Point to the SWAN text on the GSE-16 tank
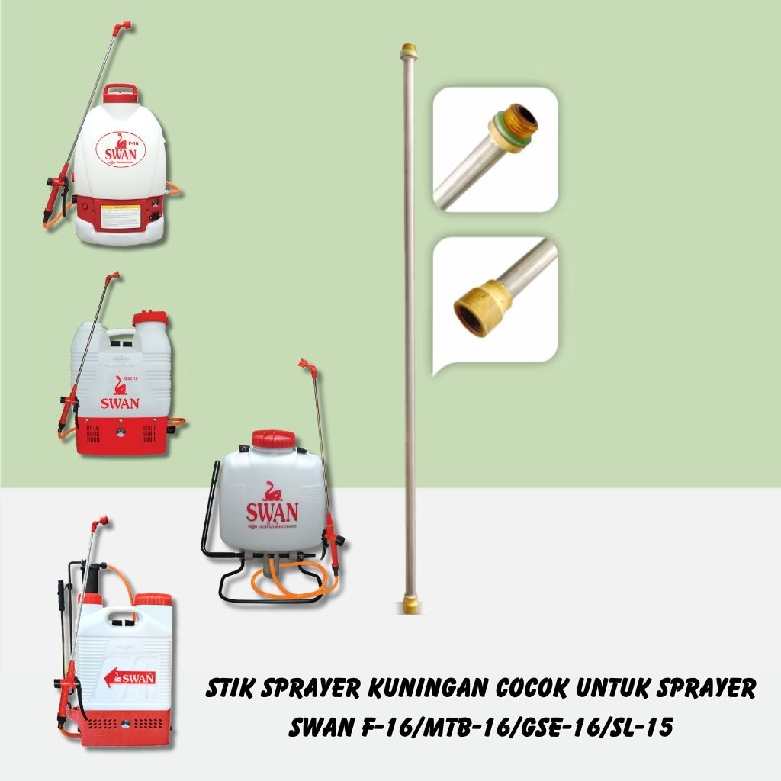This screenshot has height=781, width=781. [118, 402]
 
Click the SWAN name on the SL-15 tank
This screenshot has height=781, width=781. [272, 512]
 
